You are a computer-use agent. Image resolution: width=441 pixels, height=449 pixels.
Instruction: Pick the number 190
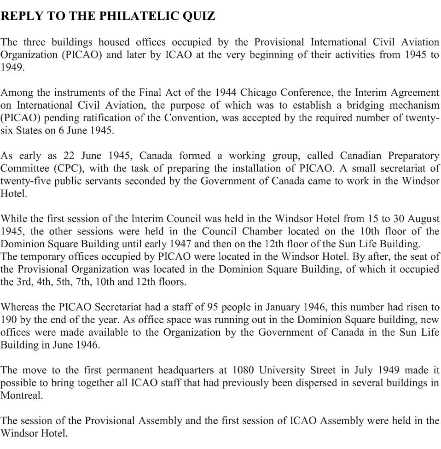click(x=9, y=319)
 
